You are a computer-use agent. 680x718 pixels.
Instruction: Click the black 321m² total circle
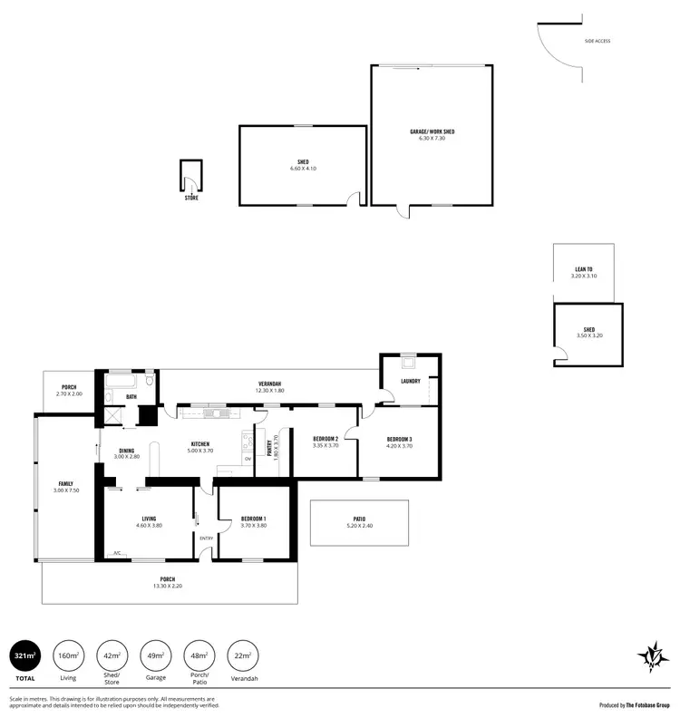(24, 655)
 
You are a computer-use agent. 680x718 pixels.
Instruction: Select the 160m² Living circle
(68, 655)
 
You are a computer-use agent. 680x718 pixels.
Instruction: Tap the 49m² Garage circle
(155, 655)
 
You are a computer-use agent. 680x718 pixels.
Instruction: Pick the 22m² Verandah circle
(242, 655)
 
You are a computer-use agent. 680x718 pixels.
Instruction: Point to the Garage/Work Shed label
(432, 131)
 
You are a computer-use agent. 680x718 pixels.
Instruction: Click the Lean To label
(584, 269)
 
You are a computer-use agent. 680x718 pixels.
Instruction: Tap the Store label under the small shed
(191, 198)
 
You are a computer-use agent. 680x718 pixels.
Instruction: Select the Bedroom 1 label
(253, 519)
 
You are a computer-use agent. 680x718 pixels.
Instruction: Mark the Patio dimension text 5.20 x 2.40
(359, 527)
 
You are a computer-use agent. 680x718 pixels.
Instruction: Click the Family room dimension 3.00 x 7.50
(66, 490)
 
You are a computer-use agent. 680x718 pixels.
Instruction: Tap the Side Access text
(598, 42)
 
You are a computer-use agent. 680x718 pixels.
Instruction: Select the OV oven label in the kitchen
(247, 459)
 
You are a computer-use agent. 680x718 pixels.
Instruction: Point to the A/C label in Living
(117, 553)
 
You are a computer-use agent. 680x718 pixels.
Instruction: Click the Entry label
(207, 538)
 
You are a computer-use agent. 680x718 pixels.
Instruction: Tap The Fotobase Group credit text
(647, 704)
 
